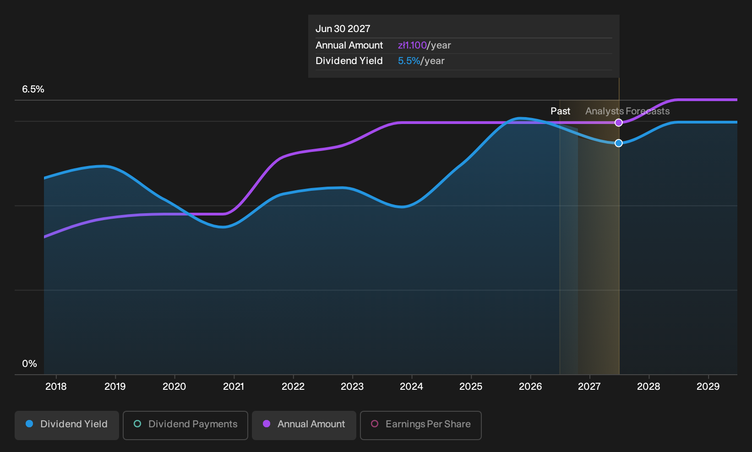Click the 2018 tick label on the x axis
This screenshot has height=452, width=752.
point(56,387)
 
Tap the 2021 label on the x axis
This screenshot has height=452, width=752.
point(234,387)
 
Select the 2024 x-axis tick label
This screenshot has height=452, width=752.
point(412,387)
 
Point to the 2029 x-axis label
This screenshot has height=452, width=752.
point(708,387)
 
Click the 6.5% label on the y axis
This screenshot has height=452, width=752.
point(33,89)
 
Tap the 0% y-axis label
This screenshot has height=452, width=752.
point(30,364)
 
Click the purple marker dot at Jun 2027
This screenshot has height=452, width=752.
point(619,123)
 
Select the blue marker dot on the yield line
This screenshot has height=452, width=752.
point(619,143)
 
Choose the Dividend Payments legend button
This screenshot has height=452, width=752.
point(185,425)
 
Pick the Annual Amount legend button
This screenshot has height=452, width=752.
point(304,425)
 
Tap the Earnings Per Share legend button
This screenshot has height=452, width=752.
point(420,425)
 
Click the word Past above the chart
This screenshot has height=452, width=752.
point(560,111)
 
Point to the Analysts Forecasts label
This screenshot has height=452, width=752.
point(627,111)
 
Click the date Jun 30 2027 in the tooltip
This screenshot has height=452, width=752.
point(343,29)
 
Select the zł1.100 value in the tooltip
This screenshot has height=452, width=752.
point(412,45)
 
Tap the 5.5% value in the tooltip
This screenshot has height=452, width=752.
point(409,61)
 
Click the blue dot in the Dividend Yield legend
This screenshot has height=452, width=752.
point(30,424)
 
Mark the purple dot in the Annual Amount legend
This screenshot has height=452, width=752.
point(267,424)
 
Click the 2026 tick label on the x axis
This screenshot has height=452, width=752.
point(530,387)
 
